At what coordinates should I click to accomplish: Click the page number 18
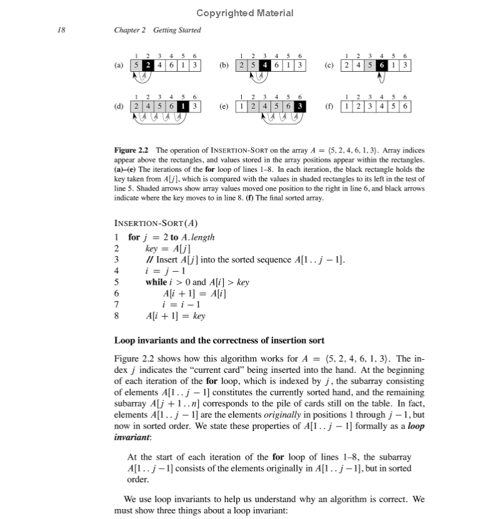click(61, 30)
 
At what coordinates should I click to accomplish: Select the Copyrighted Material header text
click(244, 12)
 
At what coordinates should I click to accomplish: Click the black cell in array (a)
click(147, 64)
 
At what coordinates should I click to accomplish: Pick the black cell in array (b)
click(265, 64)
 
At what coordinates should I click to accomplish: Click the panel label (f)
click(329, 106)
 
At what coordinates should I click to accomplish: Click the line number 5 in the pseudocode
click(116, 282)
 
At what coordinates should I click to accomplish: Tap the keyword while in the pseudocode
click(156, 282)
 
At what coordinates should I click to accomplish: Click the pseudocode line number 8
click(116, 315)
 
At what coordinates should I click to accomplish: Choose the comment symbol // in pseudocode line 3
click(148, 259)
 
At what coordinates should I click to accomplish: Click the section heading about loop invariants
click(219, 340)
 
